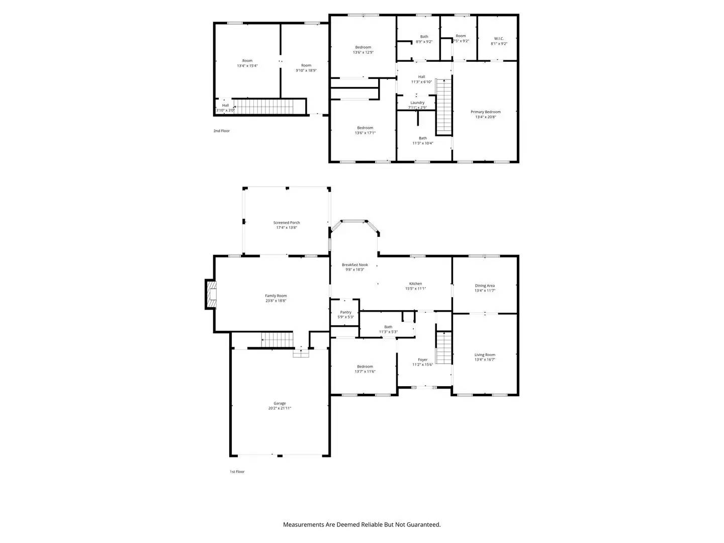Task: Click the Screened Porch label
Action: [x=287, y=223]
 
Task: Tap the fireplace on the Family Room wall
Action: [x=211, y=294]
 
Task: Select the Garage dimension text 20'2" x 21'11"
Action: [x=280, y=409]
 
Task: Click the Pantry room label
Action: [x=345, y=312]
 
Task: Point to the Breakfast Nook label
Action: [x=355, y=265]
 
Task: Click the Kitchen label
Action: [x=415, y=284]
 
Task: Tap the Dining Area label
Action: [x=485, y=286]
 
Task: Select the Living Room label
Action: [x=485, y=355]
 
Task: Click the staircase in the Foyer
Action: [x=443, y=348]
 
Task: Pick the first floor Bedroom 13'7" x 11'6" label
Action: [x=365, y=367]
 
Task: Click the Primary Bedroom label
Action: [x=485, y=112]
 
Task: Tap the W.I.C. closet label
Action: [x=499, y=39]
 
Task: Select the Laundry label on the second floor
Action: [x=417, y=103]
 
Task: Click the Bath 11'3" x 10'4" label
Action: [x=423, y=138]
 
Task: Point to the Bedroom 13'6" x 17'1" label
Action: [x=365, y=128]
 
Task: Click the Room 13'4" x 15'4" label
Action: [x=247, y=61]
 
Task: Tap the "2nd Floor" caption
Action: [x=221, y=131]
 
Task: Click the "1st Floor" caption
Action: [x=237, y=472]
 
